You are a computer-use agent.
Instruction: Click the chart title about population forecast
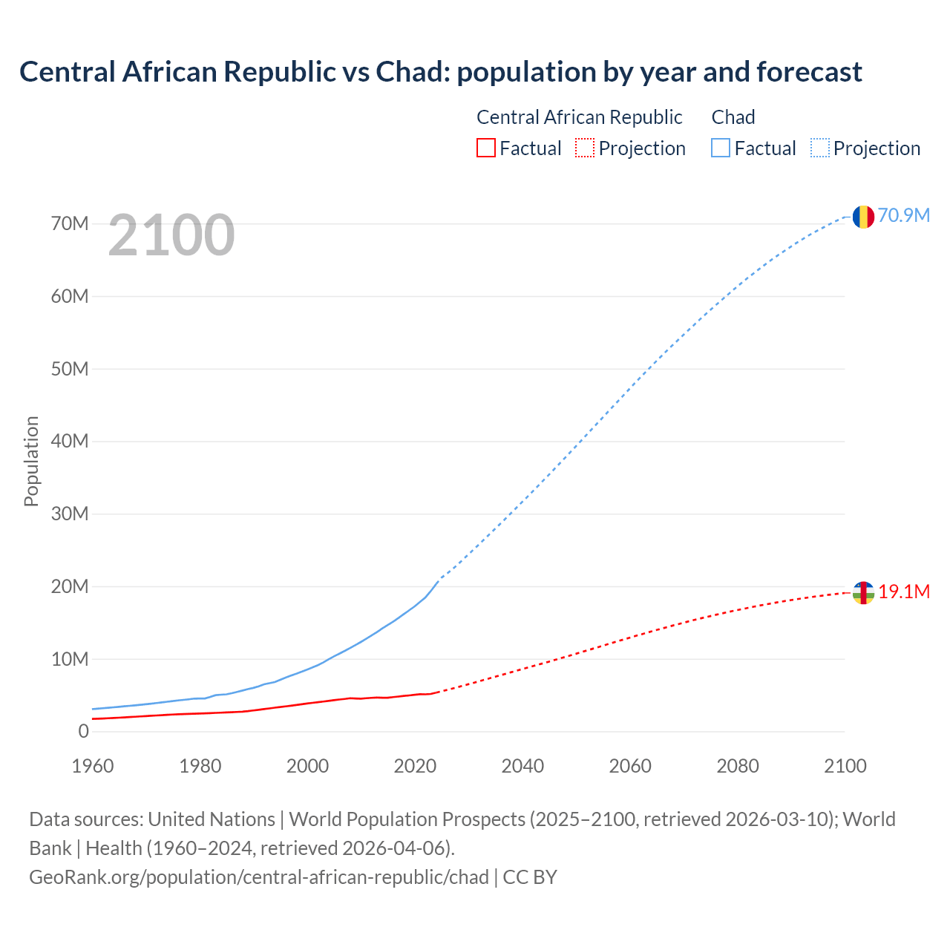click(x=441, y=72)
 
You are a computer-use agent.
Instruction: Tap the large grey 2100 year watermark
click(x=171, y=235)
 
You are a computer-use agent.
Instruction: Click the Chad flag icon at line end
click(x=862, y=217)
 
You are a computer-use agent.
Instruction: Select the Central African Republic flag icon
click(x=862, y=593)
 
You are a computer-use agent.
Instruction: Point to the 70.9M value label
click(x=904, y=215)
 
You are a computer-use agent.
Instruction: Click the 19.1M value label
click(x=904, y=592)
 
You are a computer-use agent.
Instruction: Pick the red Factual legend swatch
click(x=485, y=148)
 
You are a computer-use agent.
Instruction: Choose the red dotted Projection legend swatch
click(x=584, y=148)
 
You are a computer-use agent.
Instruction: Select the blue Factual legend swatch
click(x=720, y=148)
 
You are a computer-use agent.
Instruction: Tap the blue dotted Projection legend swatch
click(x=819, y=148)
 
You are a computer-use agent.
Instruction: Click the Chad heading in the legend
click(x=733, y=117)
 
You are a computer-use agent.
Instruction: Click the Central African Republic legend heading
click(x=579, y=117)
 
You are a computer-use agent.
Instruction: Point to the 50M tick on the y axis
click(x=70, y=369)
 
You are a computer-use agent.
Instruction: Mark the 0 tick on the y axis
click(x=83, y=731)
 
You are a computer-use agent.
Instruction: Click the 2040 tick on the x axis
click(x=522, y=766)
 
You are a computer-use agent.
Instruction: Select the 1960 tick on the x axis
click(x=93, y=766)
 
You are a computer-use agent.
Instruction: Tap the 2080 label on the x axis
click(x=737, y=766)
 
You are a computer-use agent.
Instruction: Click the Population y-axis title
click(x=31, y=461)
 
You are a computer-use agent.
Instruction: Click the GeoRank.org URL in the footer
click(x=259, y=877)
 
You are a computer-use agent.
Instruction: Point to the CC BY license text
click(x=530, y=877)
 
